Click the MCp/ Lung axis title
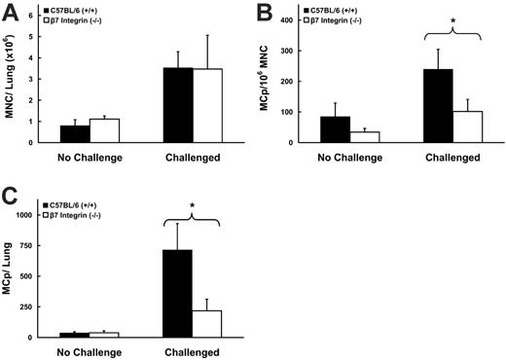tap(14, 272)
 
